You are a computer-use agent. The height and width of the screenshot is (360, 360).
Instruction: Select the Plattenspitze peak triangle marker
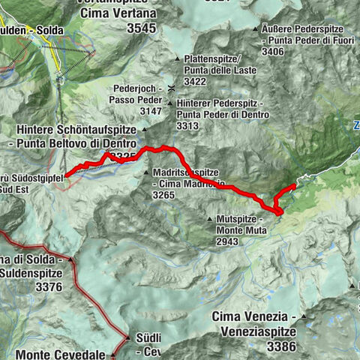pyautogui.click(x=177, y=59)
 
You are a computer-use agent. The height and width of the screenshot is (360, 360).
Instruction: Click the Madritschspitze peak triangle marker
pyautogui.click(x=147, y=172)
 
